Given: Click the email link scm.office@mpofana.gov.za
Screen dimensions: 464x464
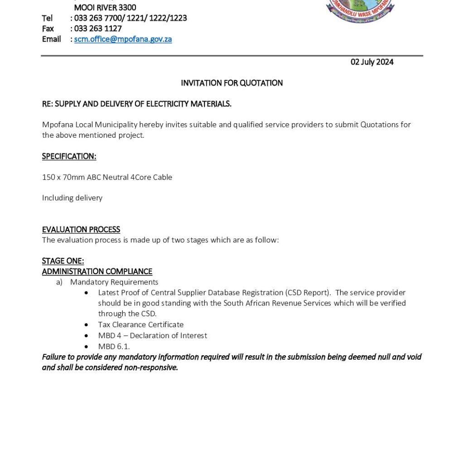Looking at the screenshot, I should [x=123, y=39].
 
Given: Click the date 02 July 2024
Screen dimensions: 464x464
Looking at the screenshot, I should [x=372, y=62].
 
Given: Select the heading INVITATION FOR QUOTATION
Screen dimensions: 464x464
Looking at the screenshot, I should [x=232, y=83].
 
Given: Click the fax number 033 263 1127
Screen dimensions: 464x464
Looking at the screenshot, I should [x=98, y=29].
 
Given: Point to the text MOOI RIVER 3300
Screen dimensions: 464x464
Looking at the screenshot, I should [x=105, y=8].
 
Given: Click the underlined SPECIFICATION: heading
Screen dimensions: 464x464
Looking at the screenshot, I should [x=69, y=156].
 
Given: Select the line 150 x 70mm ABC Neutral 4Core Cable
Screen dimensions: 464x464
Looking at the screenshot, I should [x=107, y=177].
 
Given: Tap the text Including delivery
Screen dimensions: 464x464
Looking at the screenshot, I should [x=72, y=198].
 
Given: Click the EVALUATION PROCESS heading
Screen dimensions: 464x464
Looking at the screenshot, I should [x=81, y=229].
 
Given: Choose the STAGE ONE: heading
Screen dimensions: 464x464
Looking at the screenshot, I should [x=63, y=261].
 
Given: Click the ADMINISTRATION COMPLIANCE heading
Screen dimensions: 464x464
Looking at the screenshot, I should [x=97, y=271].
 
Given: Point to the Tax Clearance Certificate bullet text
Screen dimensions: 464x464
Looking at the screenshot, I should [x=140, y=324].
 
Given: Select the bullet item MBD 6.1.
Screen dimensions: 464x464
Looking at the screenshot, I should [x=114, y=346].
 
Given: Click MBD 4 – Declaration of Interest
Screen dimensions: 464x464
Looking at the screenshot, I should [x=152, y=335].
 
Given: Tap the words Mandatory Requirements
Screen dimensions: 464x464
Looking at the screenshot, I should [x=114, y=282].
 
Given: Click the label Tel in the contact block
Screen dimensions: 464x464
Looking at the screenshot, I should [x=47, y=18].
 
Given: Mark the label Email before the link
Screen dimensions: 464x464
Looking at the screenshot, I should [x=51, y=39].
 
